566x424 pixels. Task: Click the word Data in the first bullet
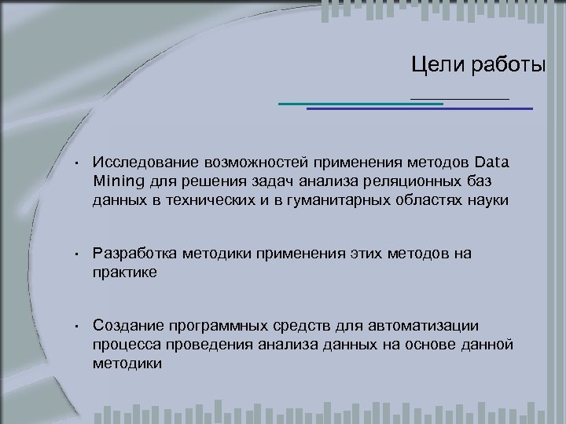(x=492, y=163)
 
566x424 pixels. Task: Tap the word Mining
(x=116, y=182)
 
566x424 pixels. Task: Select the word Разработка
(x=134, y=253)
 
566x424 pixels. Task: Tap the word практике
(x=125, y=272)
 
